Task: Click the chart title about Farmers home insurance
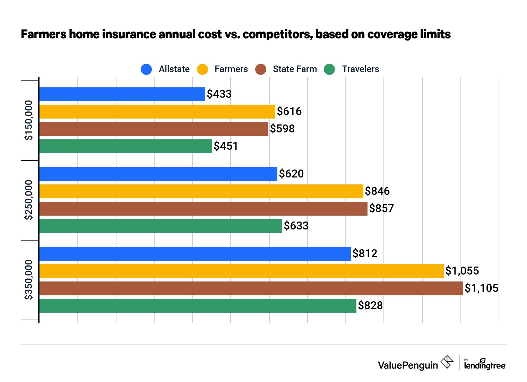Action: coord(236,34)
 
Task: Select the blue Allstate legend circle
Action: coord(146,69)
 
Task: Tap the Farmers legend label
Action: coord(231,69)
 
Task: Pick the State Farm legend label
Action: coord(295,69)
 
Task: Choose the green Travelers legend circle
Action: coord(329,69)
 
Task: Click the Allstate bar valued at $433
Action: coord(122,94)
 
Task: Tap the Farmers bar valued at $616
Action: coord(157,112)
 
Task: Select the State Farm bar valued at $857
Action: coord(203,209)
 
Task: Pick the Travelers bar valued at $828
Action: coord(198,306)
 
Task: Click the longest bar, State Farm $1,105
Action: coord(251,288)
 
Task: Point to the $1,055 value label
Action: coord(462,271)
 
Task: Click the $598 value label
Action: coord(282,129)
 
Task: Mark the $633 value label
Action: coord(296,226)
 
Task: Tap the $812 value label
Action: coord(365,253)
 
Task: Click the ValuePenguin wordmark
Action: coord(408,365)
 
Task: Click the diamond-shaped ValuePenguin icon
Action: coord(447,362)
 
